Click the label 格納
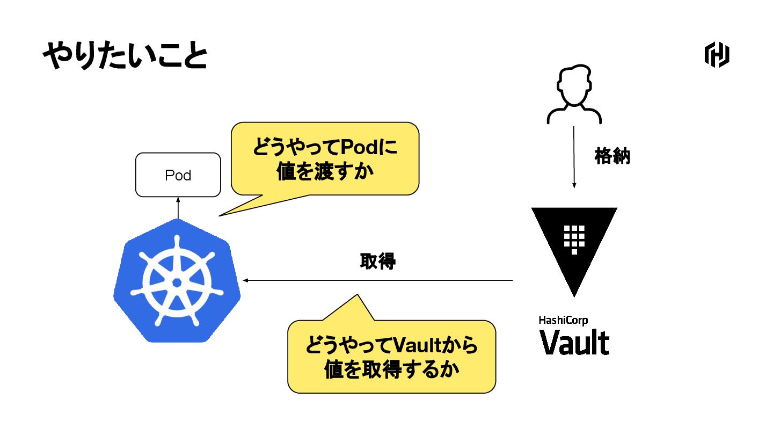(x=612, y=156)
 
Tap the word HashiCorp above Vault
(x=563, y=320)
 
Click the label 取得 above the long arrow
(x=377, y=262)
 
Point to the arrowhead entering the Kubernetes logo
(x=245, y=280)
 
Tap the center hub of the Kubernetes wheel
(x=177, y=283)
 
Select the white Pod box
(x=178, y=175)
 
